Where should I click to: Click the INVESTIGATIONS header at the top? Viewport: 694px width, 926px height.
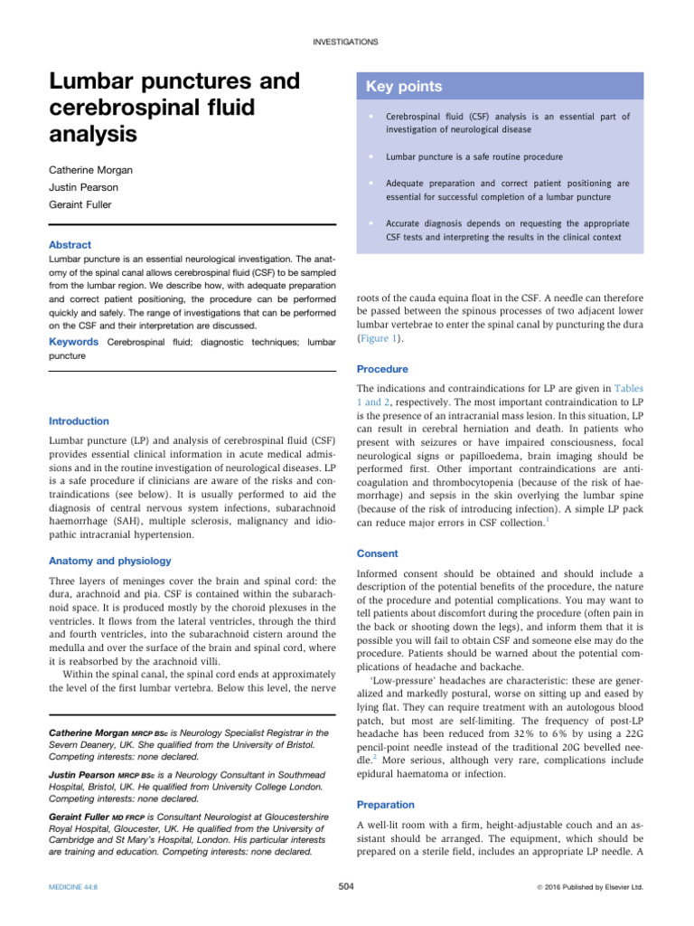click(345, 42)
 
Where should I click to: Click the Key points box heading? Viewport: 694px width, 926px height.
click(404, 87)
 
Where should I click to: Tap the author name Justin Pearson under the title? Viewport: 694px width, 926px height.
click(86, 187)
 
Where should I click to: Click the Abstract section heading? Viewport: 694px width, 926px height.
click(70, 244)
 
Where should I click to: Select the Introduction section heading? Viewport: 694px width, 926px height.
click(79, 421)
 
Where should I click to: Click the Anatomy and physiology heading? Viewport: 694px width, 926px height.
click(109, 561)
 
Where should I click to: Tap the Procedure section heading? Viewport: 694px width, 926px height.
click(383, 369)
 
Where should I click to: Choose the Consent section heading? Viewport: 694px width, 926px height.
click(378, 553)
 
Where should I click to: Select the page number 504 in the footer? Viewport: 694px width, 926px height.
click(345, 887)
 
